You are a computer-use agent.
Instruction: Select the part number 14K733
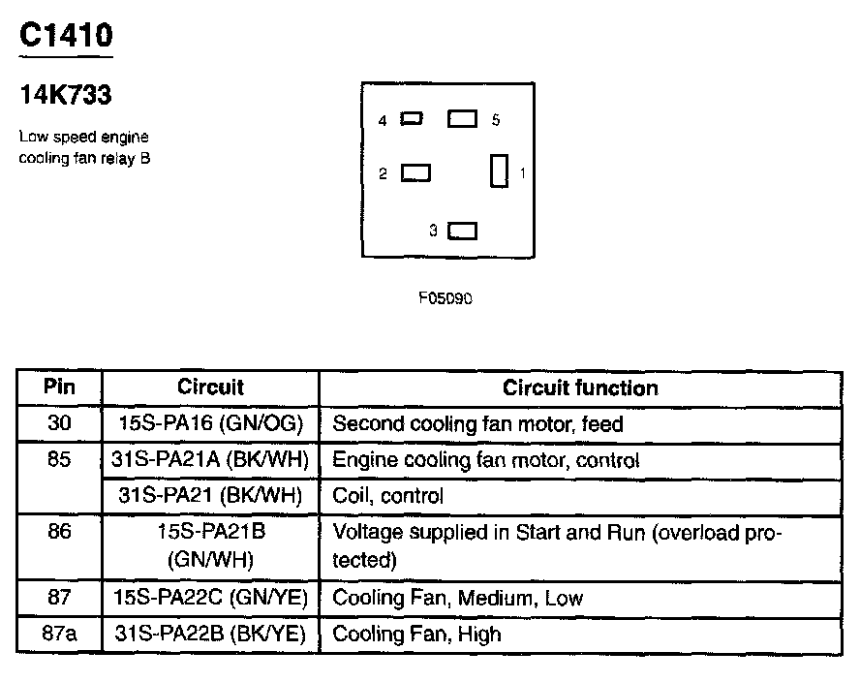pos(65,95)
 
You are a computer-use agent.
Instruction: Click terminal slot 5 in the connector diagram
pos(462,118)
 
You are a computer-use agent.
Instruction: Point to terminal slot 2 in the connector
pos(415,172)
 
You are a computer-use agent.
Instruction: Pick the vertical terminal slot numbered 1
pos(499,171)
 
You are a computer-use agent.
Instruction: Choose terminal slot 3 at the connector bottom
pos(463,231)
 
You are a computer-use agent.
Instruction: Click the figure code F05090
pos(445,298)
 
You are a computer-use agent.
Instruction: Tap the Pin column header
pos(59,387)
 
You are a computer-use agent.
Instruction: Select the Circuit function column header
pos(579,388)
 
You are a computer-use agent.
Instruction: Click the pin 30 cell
pos(59,424)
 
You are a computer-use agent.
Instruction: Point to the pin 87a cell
pos(59,635)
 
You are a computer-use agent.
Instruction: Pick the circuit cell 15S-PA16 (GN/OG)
pos(210,424)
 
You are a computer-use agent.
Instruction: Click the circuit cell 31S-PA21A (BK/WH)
pos(210,460)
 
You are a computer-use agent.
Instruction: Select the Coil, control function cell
pos(387,496)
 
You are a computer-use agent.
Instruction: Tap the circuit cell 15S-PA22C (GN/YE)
pos(210,598)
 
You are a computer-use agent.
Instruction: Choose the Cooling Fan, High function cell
pos(416,635)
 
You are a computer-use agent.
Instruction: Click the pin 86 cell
pos(59,532)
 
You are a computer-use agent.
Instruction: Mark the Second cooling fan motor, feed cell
pos(477,424)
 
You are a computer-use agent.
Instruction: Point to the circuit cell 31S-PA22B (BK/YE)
pos(210,635)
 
